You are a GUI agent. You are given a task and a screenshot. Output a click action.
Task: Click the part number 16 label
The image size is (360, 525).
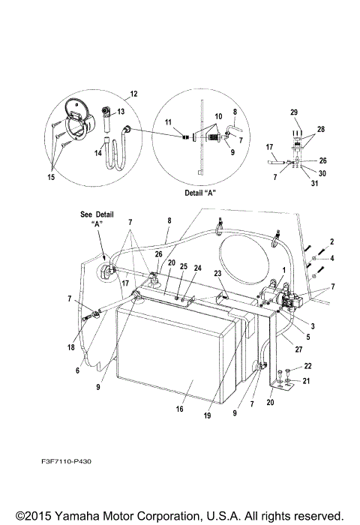click(179, 409)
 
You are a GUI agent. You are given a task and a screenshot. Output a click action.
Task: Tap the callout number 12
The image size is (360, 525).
click(133, 94)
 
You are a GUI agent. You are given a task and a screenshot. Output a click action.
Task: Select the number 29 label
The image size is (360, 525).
click(294, 112)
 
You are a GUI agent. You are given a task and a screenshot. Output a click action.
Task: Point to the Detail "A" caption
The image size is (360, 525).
click(200, 193)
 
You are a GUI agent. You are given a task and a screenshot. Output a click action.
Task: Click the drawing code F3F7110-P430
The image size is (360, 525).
click(66, 461)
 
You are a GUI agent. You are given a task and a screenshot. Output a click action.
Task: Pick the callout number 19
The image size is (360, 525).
click(207, 415)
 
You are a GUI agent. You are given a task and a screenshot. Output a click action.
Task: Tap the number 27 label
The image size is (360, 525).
click(298, 349)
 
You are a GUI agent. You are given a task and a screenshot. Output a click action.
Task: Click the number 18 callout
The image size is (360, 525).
click(71, 347)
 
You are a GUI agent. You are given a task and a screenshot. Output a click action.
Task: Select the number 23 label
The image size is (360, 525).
click(217, 273)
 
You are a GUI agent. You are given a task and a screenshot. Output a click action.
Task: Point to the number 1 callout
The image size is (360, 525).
click(284, 270)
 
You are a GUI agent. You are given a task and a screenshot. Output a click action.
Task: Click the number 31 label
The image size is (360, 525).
click(314, 183)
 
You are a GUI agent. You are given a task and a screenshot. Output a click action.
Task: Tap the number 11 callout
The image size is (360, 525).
click(168, 122)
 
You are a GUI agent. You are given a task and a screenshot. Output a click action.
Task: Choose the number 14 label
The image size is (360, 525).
click(97, 153)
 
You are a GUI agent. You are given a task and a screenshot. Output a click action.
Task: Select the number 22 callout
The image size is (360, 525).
click(307, 366)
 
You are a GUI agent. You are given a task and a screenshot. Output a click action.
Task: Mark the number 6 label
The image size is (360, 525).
click(78, 370)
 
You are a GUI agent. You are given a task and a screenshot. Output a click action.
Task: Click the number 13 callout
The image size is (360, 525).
click(121, 111)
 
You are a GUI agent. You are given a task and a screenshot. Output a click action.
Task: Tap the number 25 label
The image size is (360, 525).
click(184, 266)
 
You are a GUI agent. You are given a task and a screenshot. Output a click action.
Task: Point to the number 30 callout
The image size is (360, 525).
click(322, 173)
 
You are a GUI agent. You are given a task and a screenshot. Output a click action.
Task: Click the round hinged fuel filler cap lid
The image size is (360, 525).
click(77, 106)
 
